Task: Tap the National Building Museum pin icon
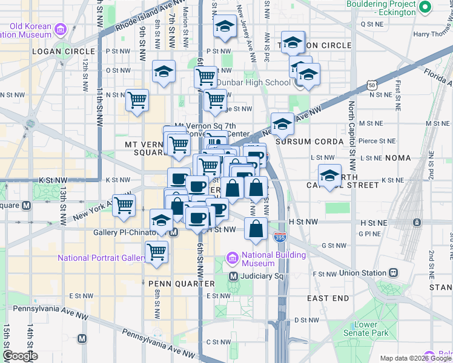click(233, 259)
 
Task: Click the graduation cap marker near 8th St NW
click(164, 72)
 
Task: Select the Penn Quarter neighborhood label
click(182, 283)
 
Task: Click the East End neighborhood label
click(328, 298)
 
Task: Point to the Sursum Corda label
click(309, 141)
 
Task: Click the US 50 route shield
click(372, 87)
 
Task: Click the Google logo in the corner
click(20, 356)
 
